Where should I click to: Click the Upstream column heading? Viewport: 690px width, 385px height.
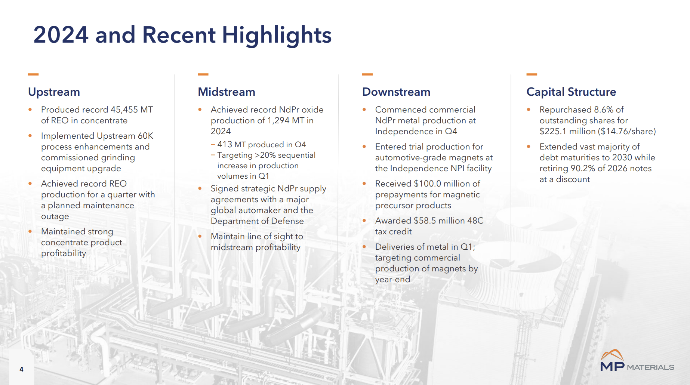coord(54,92)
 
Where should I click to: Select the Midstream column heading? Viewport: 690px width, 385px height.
coord(227,92)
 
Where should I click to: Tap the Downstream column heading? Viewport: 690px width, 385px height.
coord(396,92)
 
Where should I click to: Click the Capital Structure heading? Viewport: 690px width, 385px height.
coord(571,92)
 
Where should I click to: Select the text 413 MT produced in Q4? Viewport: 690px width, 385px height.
coord(261,145)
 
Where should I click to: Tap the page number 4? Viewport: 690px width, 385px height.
coord(21,369)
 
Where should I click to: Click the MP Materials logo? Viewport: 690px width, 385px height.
coord(637,361)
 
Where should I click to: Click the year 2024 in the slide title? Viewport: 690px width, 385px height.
coord(61,35)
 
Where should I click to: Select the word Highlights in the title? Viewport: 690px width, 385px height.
coord(277,35)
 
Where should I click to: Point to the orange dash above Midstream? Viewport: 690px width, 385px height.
coord(203,74)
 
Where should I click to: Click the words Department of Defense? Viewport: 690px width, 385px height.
coord(257,221)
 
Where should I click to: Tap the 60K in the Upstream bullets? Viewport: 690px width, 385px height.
coord(145,136)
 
